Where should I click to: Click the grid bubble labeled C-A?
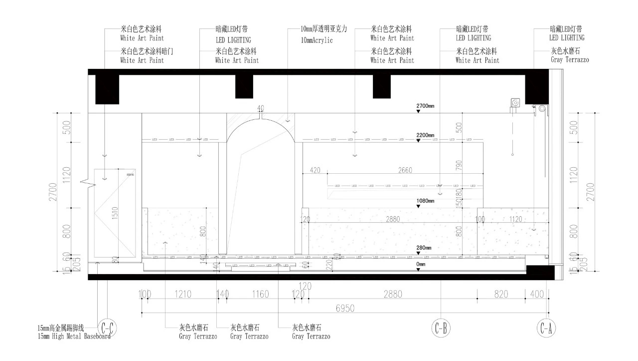tap(546, 328)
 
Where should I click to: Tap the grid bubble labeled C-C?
tap(108, 328)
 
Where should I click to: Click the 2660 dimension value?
tap(405, 170)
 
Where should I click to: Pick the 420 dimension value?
tap(315, 170)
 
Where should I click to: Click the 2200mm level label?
tap(426, 135)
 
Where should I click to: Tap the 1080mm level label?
tap(426, 201)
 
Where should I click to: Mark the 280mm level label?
tap(424, 248)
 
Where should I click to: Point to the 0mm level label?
tap(421, 264)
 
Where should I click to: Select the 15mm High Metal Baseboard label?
tap(74, 336)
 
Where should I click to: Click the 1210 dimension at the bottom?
tap(182, 295)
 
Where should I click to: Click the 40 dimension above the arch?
tap(260, 108)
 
